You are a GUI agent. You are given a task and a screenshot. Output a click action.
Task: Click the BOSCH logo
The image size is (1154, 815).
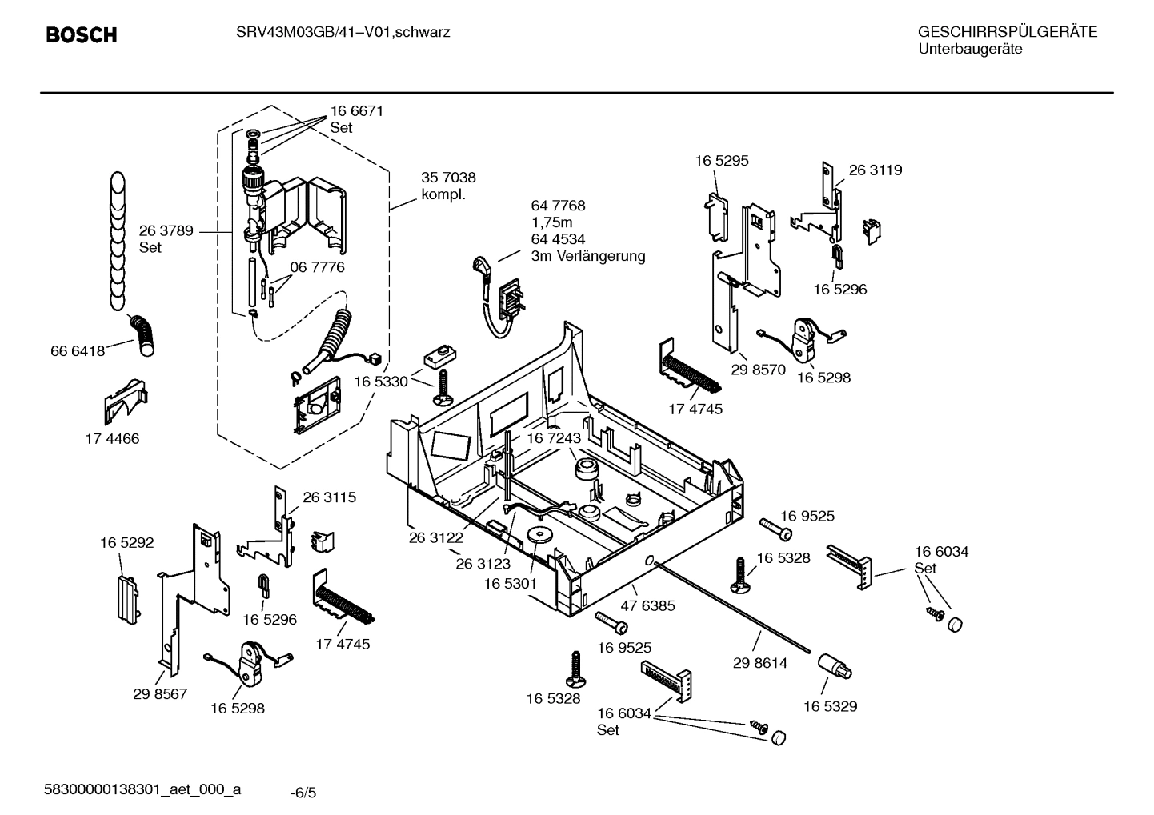point(82,35)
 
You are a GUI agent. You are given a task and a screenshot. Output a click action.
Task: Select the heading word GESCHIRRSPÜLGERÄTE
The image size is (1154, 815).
point(1007,32)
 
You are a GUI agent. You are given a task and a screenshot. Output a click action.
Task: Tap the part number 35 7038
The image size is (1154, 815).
point(448,178)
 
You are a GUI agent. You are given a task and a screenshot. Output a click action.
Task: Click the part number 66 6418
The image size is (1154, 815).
point(78,351)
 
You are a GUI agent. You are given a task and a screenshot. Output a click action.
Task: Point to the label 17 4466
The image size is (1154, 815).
point(112,438)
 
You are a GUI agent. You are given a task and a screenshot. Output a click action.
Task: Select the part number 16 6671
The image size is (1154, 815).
point(356,111)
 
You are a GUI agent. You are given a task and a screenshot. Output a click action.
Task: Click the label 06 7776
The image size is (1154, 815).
point(317,267)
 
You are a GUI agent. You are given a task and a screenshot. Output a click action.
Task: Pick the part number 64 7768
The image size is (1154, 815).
point(558,206)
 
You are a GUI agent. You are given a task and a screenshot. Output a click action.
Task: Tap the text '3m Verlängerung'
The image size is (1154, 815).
point(587,256)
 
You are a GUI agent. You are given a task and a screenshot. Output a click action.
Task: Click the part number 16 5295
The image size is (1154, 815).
point(721,161)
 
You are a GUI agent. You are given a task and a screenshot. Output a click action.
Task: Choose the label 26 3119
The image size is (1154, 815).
point(875,170)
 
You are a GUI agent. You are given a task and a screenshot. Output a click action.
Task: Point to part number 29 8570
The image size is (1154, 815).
point(758,370)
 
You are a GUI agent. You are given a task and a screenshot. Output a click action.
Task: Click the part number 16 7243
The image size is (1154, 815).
point(553,438)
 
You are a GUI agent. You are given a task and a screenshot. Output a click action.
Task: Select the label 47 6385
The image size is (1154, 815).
point(647,605)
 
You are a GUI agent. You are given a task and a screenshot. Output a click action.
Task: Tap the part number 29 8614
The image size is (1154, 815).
point(759,663)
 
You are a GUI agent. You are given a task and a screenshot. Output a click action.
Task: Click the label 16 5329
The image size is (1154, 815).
point(830,706)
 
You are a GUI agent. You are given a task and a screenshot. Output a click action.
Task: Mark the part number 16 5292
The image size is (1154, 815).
point(126,543)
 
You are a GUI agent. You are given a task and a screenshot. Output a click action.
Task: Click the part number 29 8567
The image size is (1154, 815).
point(160,693)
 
